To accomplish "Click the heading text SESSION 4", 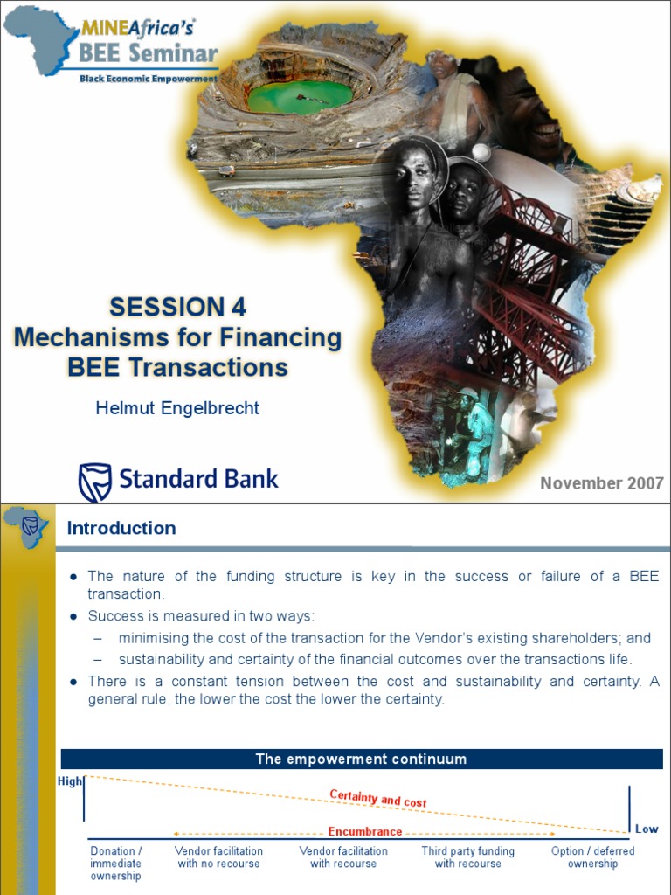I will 177,307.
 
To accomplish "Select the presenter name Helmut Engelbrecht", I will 177,408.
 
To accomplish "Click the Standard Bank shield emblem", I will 94,482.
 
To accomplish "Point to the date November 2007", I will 602,483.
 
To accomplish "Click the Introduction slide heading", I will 121,528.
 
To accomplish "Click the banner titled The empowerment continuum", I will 361,759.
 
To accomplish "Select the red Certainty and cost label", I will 377,798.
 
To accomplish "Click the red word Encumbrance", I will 365,831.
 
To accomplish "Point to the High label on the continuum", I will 69,781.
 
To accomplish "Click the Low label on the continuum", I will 647,829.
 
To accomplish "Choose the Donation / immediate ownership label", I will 115,864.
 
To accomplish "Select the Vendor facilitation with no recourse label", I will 218,857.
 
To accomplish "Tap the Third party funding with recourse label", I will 467,857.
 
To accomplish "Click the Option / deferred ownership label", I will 592,857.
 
